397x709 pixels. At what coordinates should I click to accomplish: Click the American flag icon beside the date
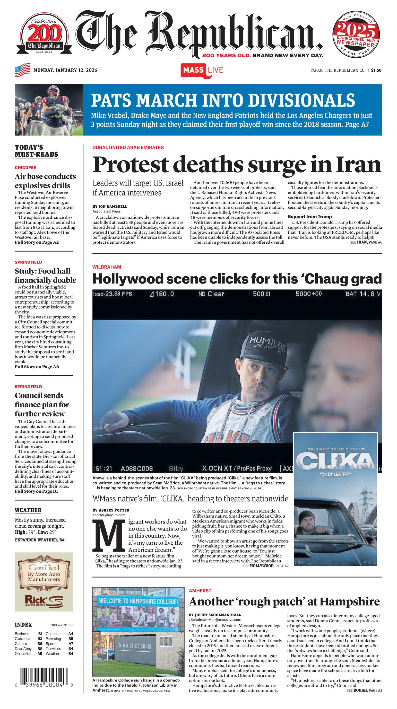coord(23,70)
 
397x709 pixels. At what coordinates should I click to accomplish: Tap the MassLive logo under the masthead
coord(202,70)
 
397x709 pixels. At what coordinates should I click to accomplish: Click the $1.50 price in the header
coord(376,70)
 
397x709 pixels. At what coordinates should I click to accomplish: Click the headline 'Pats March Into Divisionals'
coord(223,100)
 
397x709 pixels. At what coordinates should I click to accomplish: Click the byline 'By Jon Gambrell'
coord(110,206)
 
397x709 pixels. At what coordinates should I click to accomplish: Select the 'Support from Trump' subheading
coord(310,216)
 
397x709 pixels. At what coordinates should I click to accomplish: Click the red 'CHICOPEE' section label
coord(25,167)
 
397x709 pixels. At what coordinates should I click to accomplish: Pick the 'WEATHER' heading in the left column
coord(28,510)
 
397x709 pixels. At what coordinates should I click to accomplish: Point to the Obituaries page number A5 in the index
coord(40,653)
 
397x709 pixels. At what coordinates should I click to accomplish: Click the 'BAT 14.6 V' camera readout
coord(363,294)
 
